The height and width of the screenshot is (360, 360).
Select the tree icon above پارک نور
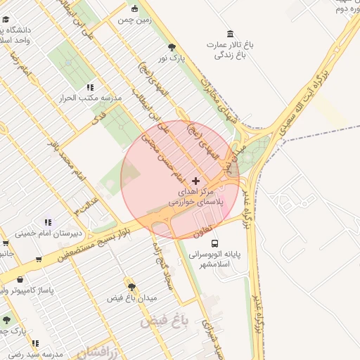point(172,46)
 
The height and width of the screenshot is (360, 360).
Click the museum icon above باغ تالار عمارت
point(231,34)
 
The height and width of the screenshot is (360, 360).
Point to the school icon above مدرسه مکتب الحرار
point(90,87)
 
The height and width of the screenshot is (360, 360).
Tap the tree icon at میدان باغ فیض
point(131,287)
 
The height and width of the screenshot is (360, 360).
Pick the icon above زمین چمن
point(135,9)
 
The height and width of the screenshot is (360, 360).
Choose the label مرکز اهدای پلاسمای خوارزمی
point(196,196)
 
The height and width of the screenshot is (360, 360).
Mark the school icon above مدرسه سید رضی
point(35,343)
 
